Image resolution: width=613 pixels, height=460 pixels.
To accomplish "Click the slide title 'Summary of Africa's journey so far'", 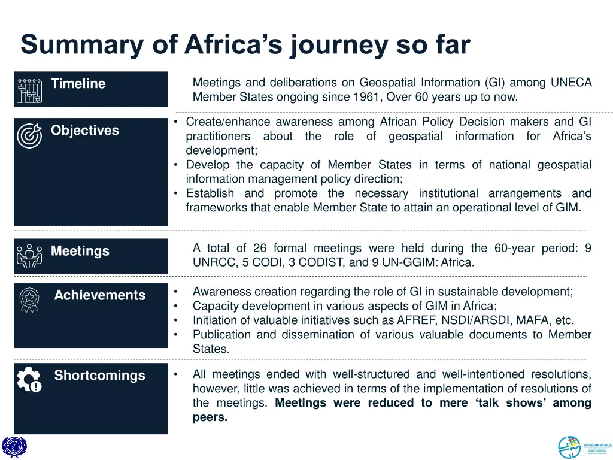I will (245, 45).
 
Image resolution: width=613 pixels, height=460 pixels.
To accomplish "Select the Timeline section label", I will (78, 84).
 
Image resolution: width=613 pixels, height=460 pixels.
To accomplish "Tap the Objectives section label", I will (84, 131).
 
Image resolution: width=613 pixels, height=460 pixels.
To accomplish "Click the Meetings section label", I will (80, 252).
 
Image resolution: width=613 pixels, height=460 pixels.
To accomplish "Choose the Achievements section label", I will (99, 295).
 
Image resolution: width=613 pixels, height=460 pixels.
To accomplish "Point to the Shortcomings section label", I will (99, 376).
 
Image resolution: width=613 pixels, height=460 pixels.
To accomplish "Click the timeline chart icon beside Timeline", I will (29, 90).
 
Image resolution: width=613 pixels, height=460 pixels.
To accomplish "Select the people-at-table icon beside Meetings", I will (29, 256).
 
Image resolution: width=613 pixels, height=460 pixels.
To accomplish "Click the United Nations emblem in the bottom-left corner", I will (14, 447).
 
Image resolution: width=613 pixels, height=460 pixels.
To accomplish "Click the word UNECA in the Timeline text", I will (571, 83).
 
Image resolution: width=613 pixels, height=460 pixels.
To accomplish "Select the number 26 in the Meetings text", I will (260, 248).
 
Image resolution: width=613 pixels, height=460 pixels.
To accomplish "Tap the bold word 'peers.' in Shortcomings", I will (210, 417).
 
